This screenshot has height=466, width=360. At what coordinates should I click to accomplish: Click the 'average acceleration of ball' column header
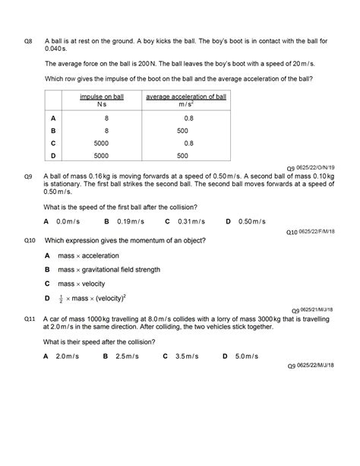pos(186,97)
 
